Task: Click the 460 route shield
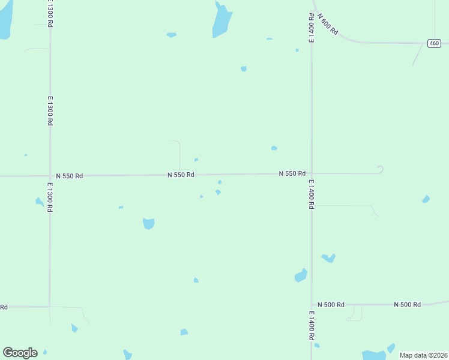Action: click(x=435, y=43)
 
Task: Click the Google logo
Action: click(x=20, y=353)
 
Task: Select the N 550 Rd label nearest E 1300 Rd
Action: click(x=70, y=176)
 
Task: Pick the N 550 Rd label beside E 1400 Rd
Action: click(x=292, y=173)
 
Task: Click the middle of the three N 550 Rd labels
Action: click(x=181, y=175)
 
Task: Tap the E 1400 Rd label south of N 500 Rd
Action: click(x=312, y=326)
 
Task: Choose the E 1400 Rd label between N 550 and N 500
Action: click(x=312, y=194)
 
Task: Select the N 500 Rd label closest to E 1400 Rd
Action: click(x=331, y=305)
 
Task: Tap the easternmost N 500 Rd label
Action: click(x=408, y=305)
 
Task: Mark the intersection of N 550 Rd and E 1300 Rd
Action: click(x=50, y=176)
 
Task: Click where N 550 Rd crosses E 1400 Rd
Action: click(x=311, y=173)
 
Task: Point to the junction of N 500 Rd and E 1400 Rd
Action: click(x=311, y=305)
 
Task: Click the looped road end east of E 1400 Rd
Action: click(x=380, y=170)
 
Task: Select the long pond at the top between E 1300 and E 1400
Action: click(x=221, y=21)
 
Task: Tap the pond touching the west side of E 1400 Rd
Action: click(x=301, y=275)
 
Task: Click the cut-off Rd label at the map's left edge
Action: click(x=3, y=307)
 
